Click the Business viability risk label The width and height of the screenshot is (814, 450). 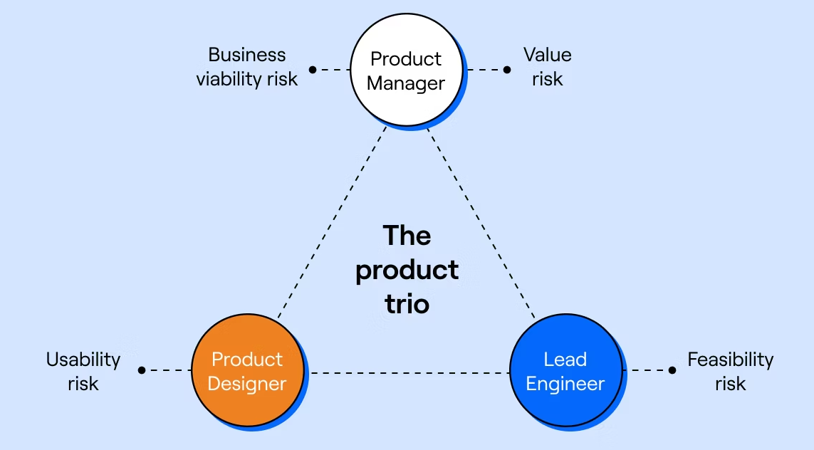pyautogui.click(x=246, y=67)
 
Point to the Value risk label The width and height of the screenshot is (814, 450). pyautogui.click(x=547, y=67)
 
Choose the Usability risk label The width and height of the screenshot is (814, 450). pyautogui.click(x=83, y=371)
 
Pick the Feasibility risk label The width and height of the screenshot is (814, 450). pyautogui.click(x=730, y=371)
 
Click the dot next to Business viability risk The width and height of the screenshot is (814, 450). pyautogui.click(x=313, y=70)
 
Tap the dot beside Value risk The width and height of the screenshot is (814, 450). pyautogui.click(x=507, y=70)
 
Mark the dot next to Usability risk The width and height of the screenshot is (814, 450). pyautogui.click(x=142, y=370)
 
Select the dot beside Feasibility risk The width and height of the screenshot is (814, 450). pyautogui.click(x=672, y=370)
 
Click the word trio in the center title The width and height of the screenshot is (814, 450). pyautogui.click(x=407, y=304)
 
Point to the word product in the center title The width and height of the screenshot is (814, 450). pyautogui.click(x=407, y=271)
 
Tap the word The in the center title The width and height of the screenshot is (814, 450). pyautogui.click(x=407, y=235)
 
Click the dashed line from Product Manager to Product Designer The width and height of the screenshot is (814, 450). pyautogui.click(x=331, y=222)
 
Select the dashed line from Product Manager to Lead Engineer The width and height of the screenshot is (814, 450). pyautogui.click(x=481, y=222)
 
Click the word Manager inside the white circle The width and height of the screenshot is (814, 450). pyautogui.click(x=407, y=83)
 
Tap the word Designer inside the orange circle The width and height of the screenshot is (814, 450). pyautogui.click(x=248, y=384)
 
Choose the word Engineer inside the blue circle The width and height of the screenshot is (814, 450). pyautogui.click(x=566, y=384)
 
